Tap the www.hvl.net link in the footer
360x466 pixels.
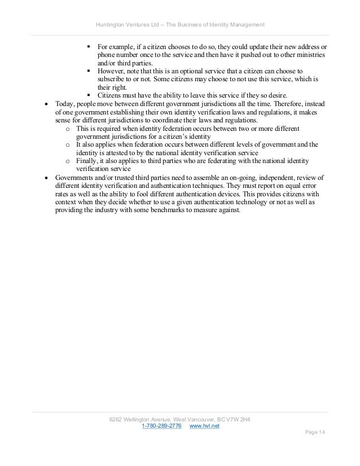tap(204, 425)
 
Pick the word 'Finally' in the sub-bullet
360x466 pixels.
tap(86, 161)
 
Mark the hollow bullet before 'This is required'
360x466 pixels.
tap(68, 129)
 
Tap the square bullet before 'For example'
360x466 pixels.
tap(90, 46)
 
